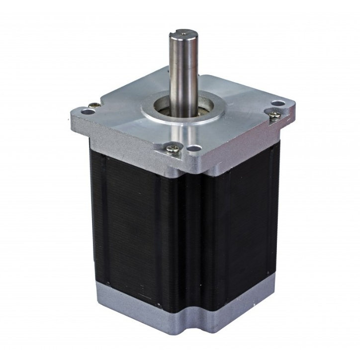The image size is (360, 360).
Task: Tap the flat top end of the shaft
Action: click(182, 34)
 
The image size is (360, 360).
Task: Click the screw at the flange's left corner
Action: click(94, 105)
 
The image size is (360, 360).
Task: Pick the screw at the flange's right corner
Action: click(274, 115)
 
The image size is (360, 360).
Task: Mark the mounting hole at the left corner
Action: click(88, 112)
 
